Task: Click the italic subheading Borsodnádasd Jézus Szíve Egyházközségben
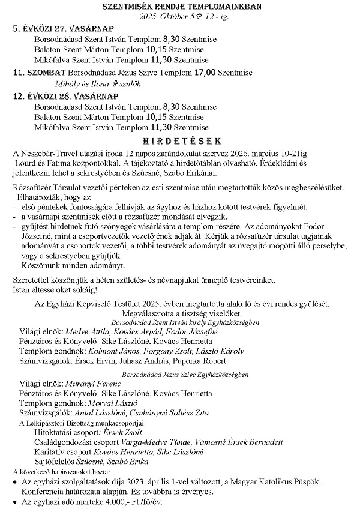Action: [x=185, y=373]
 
